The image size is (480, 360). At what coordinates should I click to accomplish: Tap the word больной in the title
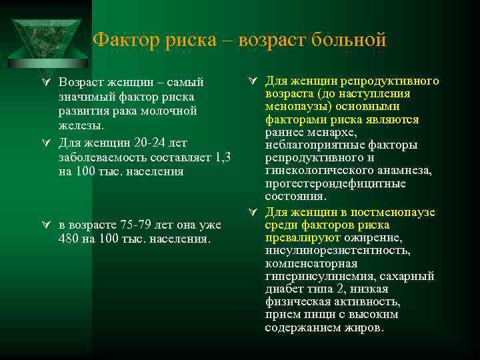[x=352, y=39]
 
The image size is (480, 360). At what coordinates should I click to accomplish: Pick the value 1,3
[x=223, y=157]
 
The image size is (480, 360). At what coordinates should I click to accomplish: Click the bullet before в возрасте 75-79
[x=46, y=225]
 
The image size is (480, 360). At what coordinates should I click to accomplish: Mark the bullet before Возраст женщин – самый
[x=46, y=83]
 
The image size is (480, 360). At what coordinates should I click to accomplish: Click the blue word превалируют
[x=302, y=237]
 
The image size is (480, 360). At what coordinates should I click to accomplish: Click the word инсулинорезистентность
[x=337, y=251]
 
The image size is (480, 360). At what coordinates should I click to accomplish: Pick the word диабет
[x=284, y=289]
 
